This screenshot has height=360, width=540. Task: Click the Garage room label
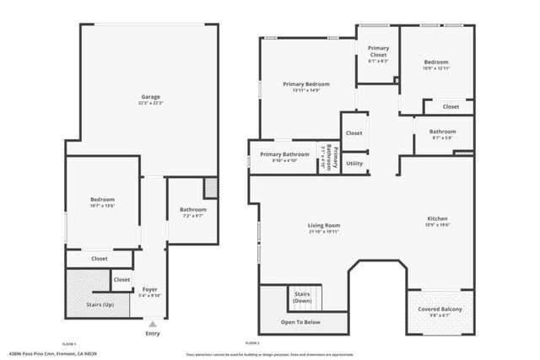click(151, 98)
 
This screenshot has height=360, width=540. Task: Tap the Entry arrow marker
click(152, 323)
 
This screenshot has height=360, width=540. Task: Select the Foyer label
click(150, 289)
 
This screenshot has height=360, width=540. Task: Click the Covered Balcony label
click(440, 309)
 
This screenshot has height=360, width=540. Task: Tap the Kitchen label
click(437, 218)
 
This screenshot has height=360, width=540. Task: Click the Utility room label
click(354, 164)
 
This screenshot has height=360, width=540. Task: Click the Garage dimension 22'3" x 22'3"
click(151, 104)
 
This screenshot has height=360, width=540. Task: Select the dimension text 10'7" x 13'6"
click(102, 205)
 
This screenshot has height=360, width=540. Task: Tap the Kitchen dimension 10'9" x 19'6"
click(437, 224)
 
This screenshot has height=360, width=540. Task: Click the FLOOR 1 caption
click(69, 344)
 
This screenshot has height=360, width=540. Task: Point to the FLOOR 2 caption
click(252, 344)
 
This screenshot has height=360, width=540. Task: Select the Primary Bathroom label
click(284, 154)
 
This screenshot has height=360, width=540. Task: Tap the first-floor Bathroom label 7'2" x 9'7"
click(193, 210)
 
